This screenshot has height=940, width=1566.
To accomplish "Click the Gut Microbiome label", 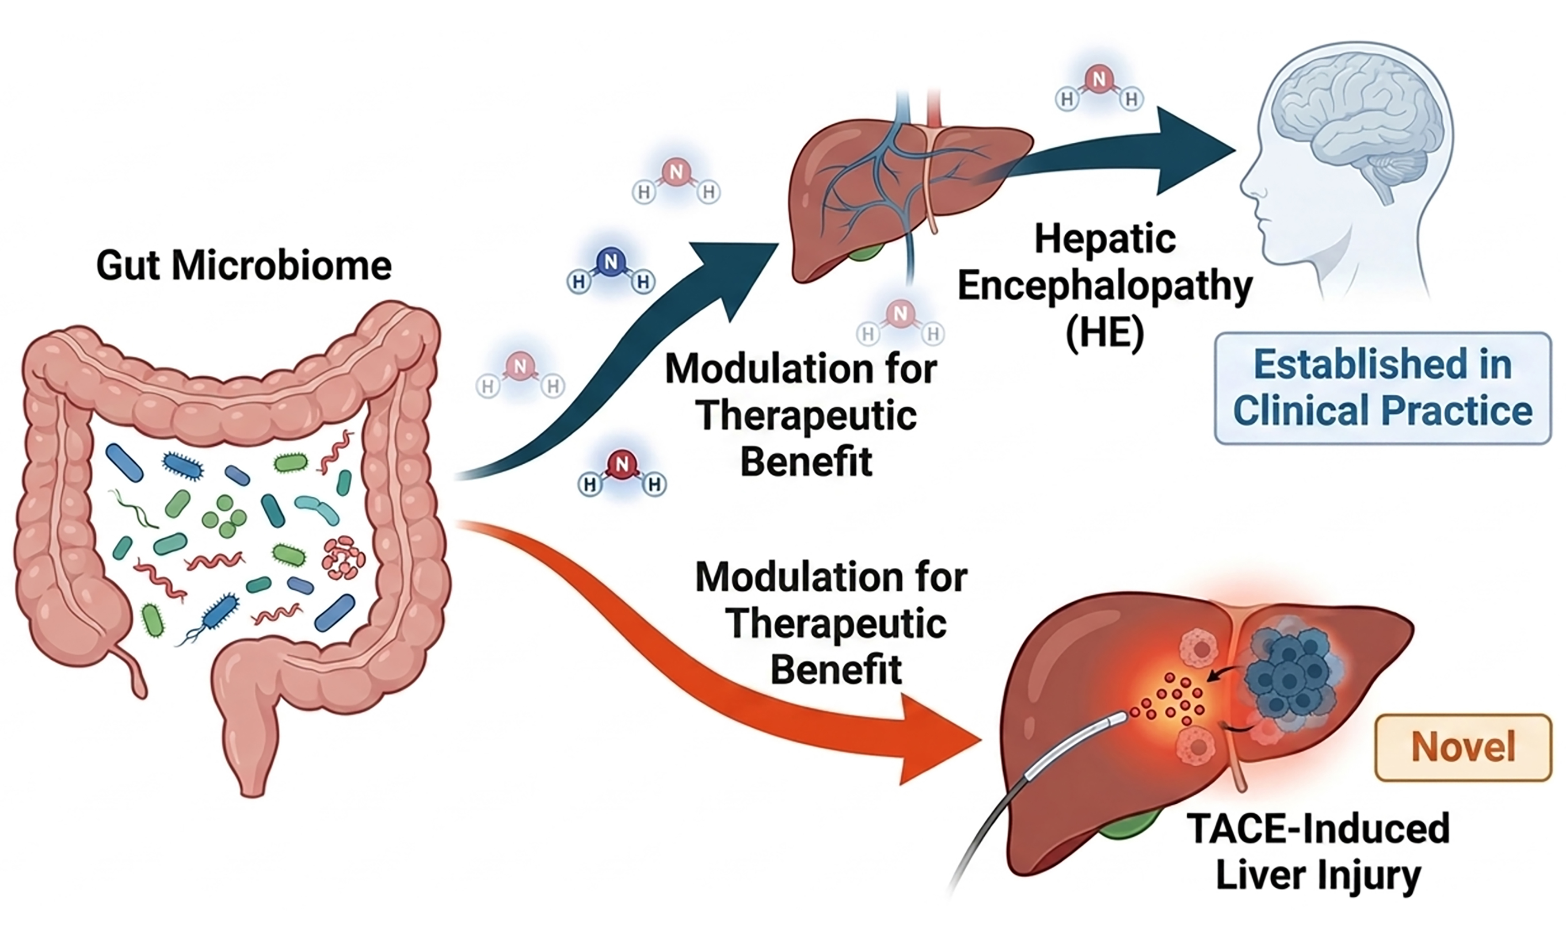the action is tap(244, 266).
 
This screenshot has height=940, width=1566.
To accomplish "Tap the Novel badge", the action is tap(1463, 747).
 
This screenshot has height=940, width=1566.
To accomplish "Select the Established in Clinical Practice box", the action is tap(1383, 388).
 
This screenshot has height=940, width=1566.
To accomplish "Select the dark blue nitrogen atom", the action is tap(610, 262).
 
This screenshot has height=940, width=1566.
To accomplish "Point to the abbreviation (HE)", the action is tap(1105, 333).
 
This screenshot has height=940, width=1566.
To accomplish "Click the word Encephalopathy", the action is tap(1105, 287).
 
